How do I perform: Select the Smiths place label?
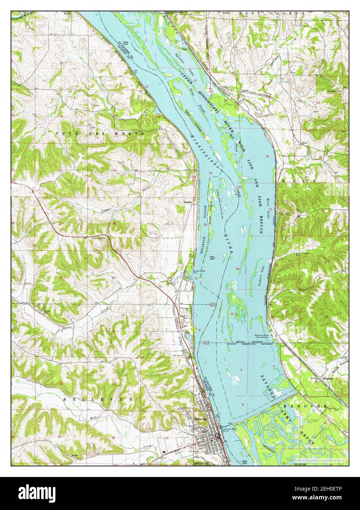189,201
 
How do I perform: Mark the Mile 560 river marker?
212,258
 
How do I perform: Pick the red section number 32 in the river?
233,314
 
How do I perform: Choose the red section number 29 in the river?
237,269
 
